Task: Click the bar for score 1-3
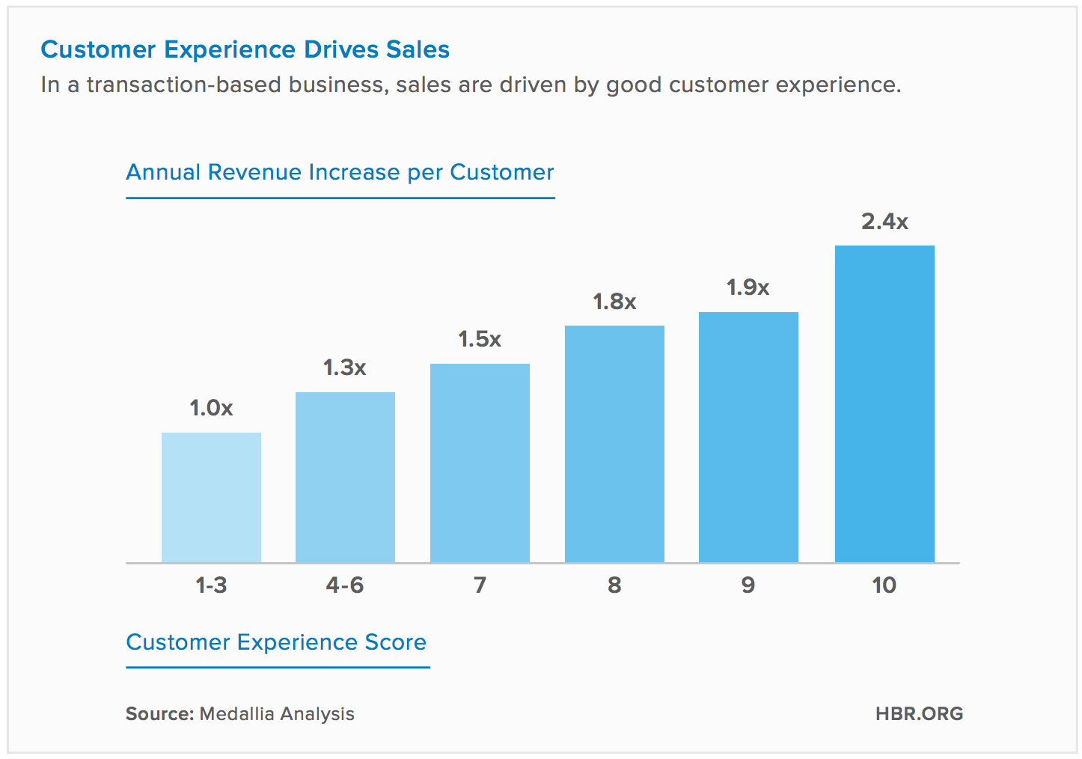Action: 211,497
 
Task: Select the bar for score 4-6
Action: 345,477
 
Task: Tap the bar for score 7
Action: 480,463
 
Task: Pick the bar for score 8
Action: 614,444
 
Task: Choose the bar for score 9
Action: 748,437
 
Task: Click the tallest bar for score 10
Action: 884,403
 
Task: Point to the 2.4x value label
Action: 884,222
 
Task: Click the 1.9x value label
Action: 748,287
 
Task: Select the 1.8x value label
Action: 614,302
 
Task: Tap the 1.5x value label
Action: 480,339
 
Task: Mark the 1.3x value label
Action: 345,368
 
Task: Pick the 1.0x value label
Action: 211,408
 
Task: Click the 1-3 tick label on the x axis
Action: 211,585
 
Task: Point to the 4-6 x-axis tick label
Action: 345,585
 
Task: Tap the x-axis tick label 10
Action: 884,585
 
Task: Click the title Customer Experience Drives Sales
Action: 245,49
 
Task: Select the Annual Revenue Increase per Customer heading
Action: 340,172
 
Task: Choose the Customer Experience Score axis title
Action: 276,642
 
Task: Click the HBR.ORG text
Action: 919,713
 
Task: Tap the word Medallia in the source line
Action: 236,713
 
